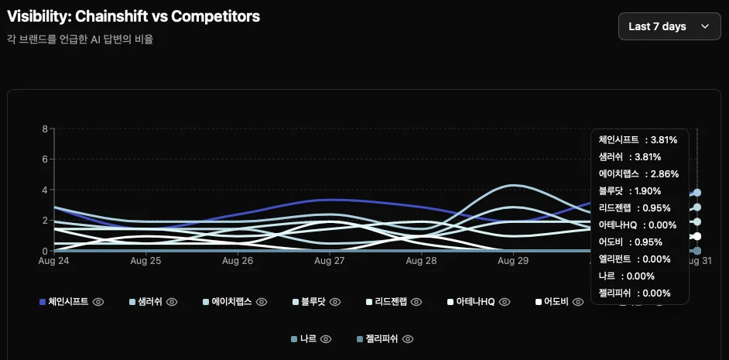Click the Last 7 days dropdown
pos(669,26)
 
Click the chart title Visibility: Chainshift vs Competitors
pos(133,16)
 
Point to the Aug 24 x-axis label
pos(53,262)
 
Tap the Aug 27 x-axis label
pos(330,262)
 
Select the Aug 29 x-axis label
pos(512,262)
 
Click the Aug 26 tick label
pos(238,262)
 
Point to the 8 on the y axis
pos(45,129)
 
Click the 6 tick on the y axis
pos(45,159)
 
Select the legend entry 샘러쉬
pos(148,302)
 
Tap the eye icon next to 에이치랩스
pos(262,302)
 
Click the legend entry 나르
pos(307,339)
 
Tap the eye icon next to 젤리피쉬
pos(408,339)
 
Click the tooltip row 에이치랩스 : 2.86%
pos(638,174)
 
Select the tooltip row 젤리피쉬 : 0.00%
pos(635,293)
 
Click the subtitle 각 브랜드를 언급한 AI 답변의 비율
pos(80,39)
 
